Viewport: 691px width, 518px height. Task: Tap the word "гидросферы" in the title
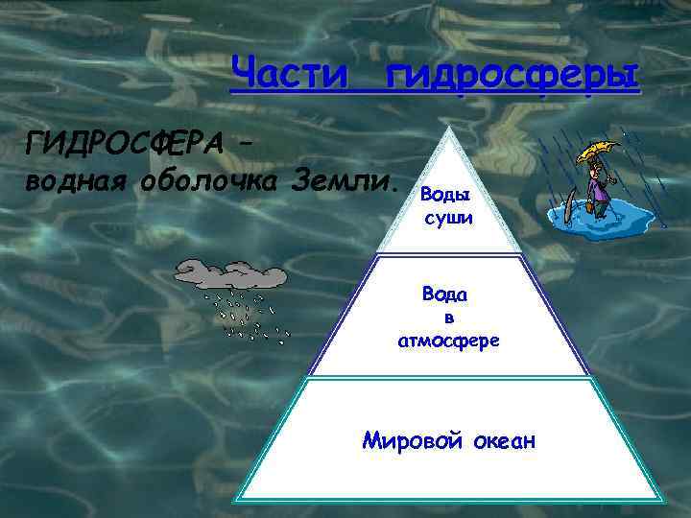(511, 74)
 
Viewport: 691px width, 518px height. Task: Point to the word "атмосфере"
(448, 340)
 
